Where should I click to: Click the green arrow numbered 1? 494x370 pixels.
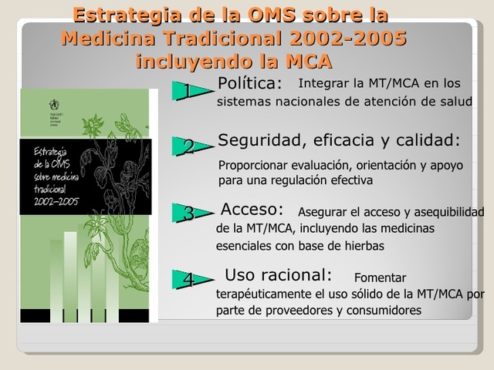(188, 92)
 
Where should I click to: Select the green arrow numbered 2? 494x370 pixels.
(188, 147)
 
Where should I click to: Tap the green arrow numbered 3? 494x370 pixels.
(188, 214)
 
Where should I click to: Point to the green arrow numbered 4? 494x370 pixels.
(188, 280)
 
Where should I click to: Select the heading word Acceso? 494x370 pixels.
(252, 210)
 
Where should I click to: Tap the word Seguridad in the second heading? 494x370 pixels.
(255, 140)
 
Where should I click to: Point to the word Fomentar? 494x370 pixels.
(380, 278)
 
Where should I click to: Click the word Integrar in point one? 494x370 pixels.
(322, 83)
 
